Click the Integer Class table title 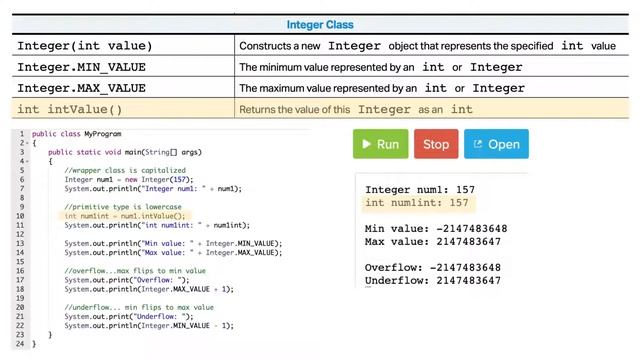click(320, 25)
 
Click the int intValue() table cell click(70, 109)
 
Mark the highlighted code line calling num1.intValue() click(125, 216)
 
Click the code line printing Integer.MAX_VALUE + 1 click(149, 289)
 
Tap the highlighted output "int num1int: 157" click(417, 203)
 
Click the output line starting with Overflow click(433, 268)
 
